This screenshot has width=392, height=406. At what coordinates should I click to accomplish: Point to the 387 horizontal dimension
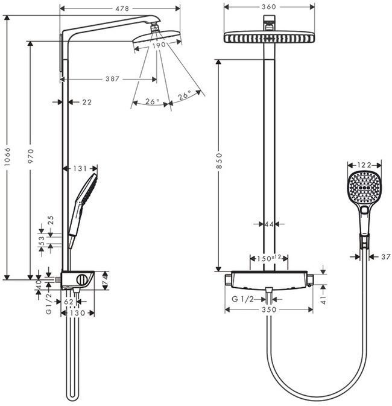[111, 78]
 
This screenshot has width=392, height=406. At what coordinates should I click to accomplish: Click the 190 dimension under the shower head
[158, 45]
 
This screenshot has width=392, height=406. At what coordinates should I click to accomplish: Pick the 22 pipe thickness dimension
[86, 102]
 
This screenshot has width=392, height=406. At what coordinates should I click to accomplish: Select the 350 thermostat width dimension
[269, 309]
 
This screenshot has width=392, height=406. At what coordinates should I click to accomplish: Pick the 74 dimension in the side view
[105, 281]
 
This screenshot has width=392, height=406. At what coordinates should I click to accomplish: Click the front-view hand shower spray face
[364, 187]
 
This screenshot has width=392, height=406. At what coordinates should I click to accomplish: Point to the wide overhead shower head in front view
[269, 37]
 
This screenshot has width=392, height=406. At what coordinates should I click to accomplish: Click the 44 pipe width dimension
[269, 224]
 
